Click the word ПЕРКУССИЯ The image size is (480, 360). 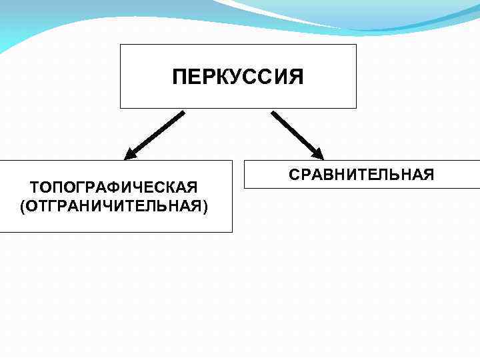237,77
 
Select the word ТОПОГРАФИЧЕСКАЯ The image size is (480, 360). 114,185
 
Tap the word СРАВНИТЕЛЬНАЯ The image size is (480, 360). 361,175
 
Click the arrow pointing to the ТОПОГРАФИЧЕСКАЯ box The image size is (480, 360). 154,135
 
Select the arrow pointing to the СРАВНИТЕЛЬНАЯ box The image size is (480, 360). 297,135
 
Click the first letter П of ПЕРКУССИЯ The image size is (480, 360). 179,77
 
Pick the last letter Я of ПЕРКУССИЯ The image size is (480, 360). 296,77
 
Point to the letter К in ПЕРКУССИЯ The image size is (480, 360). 222,77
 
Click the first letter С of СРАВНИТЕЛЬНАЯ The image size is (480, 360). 294,175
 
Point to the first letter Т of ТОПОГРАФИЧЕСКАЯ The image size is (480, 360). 35,185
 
